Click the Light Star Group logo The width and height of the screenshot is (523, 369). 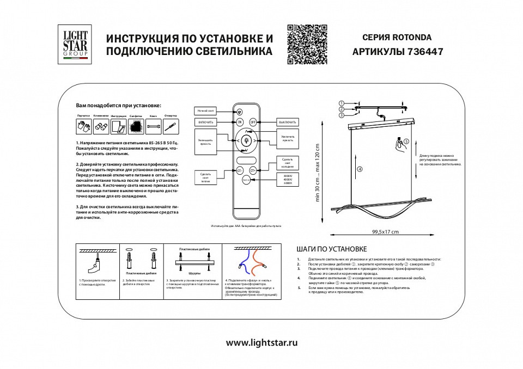(x=75, y=44)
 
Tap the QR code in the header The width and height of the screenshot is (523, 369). (x=307, y=45)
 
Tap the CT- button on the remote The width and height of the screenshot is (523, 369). (x=240, y=170)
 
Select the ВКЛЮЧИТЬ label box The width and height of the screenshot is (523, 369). (x=205, y=122)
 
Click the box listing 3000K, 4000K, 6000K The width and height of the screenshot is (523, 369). (x=288, y=180)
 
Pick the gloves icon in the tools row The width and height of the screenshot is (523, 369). (x=83, y=127)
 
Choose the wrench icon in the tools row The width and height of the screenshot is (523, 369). (x=154, y=127)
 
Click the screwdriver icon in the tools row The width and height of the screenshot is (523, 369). (x=171, y=127)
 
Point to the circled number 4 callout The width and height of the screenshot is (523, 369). (x=360, y=169)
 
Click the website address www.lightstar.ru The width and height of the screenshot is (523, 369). (x=261, y=343)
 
